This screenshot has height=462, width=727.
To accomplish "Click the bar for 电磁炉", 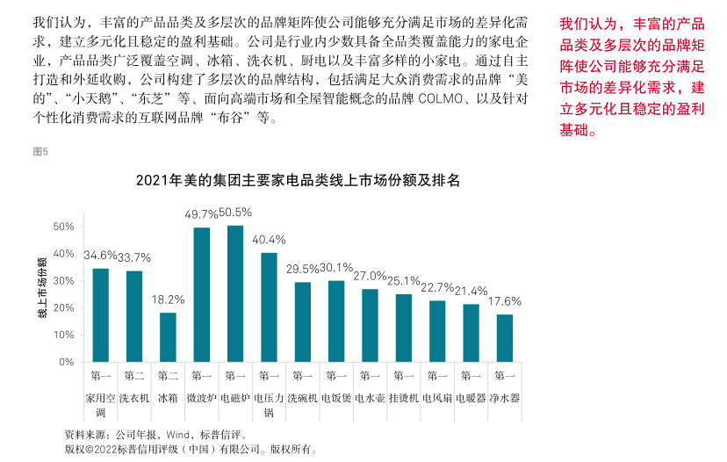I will (235, 293).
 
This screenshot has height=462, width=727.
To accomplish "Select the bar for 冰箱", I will (168, 336).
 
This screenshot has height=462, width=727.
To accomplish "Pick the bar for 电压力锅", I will (269, 307).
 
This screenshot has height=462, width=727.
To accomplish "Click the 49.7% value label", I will (201, 213).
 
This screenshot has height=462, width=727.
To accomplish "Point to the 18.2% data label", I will (168, 299).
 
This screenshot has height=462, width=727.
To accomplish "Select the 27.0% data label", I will (370, 275).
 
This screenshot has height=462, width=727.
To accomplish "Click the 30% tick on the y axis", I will (62, 280).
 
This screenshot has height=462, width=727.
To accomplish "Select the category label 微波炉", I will (201, 397).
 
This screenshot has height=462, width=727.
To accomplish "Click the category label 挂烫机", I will (404, 397).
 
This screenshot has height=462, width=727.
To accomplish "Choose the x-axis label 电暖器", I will (471, 397).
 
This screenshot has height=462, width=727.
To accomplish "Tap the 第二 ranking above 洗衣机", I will (134, 376).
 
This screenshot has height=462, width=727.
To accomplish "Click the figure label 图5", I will (40, 151).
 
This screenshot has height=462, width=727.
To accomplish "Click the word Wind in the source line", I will (177, 434).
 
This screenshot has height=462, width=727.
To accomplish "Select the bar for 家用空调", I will (100, 314).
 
